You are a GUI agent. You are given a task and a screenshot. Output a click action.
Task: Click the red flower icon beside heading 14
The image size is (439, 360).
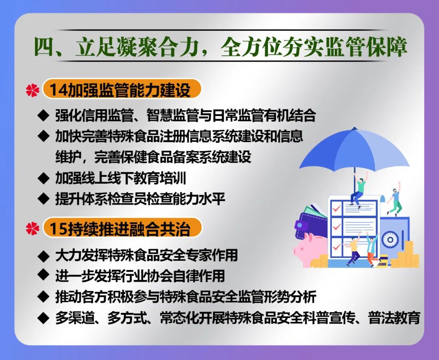pyautogui.click(x=33, y=90)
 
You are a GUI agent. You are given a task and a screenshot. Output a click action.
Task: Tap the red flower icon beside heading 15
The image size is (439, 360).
pyautogui.click(x=33, y=228)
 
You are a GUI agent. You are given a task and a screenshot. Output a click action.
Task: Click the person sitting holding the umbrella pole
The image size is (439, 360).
pyautogui.click(x=359, y=190)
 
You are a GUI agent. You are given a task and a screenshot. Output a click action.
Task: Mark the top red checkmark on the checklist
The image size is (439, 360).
pyautogui.click(x=336, y=208)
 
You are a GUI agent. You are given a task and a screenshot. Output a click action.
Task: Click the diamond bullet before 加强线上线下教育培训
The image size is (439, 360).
pyautogui.click(x=43, y=178)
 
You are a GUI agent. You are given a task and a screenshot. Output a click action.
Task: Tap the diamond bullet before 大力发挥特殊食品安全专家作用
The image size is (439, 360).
pyautogui.click(x=43, y=255)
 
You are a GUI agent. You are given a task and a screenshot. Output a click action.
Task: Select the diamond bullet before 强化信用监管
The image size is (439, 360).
pyautogui.click(x=43, y=115)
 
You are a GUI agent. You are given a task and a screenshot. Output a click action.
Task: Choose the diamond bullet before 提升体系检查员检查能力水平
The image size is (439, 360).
pyautogui.click(x=43, y=198)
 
